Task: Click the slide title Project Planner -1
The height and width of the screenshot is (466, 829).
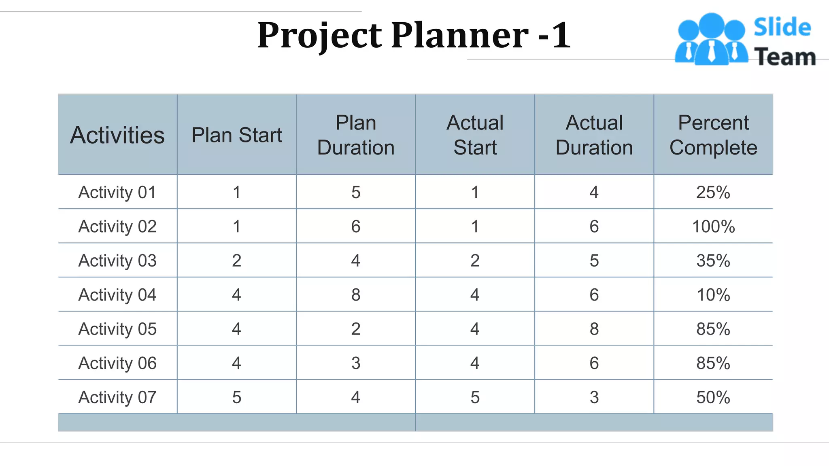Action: click(414, 36)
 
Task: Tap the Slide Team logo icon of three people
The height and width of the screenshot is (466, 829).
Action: click(711, 40)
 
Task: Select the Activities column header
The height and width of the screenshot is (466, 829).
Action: click(117, 135)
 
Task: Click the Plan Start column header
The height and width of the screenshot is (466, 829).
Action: click(237, 135)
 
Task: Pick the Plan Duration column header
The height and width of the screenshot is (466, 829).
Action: click(356, 135)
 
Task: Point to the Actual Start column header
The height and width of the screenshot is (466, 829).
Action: click(475, 135)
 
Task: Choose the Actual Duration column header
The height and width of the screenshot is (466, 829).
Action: click(594, 135)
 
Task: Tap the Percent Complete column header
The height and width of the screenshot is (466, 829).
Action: click(713, 135)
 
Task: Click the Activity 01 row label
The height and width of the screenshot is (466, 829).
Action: click(117, 193)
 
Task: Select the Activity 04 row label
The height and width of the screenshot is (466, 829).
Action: click(117, 295)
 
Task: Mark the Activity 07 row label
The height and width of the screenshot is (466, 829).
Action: click(117, 398)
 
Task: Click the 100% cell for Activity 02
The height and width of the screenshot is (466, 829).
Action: click(713, 227)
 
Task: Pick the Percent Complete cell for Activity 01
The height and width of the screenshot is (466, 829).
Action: click(713, 193)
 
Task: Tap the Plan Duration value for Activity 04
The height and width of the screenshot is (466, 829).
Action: click(356, 295)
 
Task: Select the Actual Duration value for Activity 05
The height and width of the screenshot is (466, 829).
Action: click(594, 329)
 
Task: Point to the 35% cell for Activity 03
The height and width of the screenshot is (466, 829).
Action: click(713, 261)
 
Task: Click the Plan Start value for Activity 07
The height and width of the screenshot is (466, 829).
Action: click(237, 398)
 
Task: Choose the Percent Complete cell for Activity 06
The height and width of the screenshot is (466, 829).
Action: click(713, 363)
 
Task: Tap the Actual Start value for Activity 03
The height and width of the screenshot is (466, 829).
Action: click(475, 261)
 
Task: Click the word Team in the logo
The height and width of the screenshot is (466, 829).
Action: click(785, 57)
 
